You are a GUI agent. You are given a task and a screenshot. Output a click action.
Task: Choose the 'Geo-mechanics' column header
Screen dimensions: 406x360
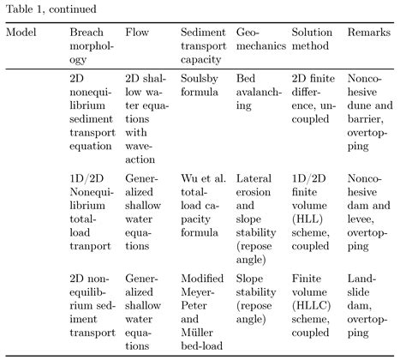(x=260, y=39)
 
